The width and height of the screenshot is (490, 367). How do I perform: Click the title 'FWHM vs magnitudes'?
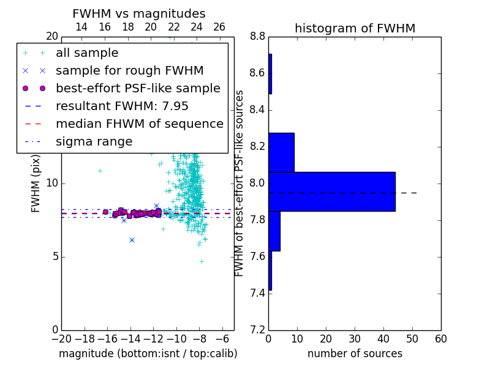(139, 13)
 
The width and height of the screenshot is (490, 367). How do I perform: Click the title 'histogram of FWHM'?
(355, 28)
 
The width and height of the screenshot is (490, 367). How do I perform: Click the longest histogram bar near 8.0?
(332, 191)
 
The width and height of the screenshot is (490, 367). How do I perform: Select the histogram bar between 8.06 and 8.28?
(282, 152)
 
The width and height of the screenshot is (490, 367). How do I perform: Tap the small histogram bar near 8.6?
(270, 74)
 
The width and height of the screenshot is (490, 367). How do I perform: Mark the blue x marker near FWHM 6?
(132, 240)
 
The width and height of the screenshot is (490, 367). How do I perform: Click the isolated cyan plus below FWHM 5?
(202, 261)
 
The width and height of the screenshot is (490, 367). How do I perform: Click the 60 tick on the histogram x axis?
(441, 339)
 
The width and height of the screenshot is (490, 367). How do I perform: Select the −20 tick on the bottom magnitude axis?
(62, 339)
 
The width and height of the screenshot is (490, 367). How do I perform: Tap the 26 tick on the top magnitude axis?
(219, 27)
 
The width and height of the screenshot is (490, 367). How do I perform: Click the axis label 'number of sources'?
(355, 354)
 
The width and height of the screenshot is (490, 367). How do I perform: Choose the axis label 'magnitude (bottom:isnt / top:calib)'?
(148, 354)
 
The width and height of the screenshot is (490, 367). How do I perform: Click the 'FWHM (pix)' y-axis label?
(36, 183)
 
